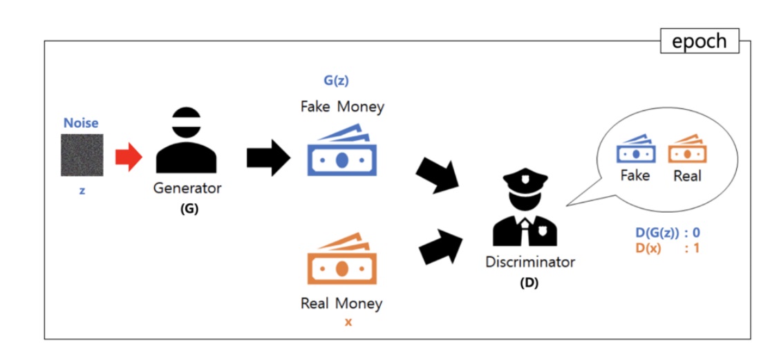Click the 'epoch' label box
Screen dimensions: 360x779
(x=700, y=41)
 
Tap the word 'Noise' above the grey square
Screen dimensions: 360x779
(x=81, y=123)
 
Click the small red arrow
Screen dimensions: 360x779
(x=128, y=158)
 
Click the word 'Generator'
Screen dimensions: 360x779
(x=187, y=188)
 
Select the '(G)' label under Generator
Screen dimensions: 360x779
(x=188, y=209)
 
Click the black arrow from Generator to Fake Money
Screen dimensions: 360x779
(x=269, y=158)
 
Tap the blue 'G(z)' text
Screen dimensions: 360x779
(x=337, y=80)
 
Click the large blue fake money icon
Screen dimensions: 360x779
(x=342, y=153)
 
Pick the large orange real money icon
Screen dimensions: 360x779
(x=342, y=263)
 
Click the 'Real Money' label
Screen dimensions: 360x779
(x=341, y=303)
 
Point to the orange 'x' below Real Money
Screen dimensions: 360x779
(x=348, y=321)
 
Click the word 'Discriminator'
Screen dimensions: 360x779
(x=530, y=262)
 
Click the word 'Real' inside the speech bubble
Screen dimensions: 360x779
(x=687, y=176)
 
